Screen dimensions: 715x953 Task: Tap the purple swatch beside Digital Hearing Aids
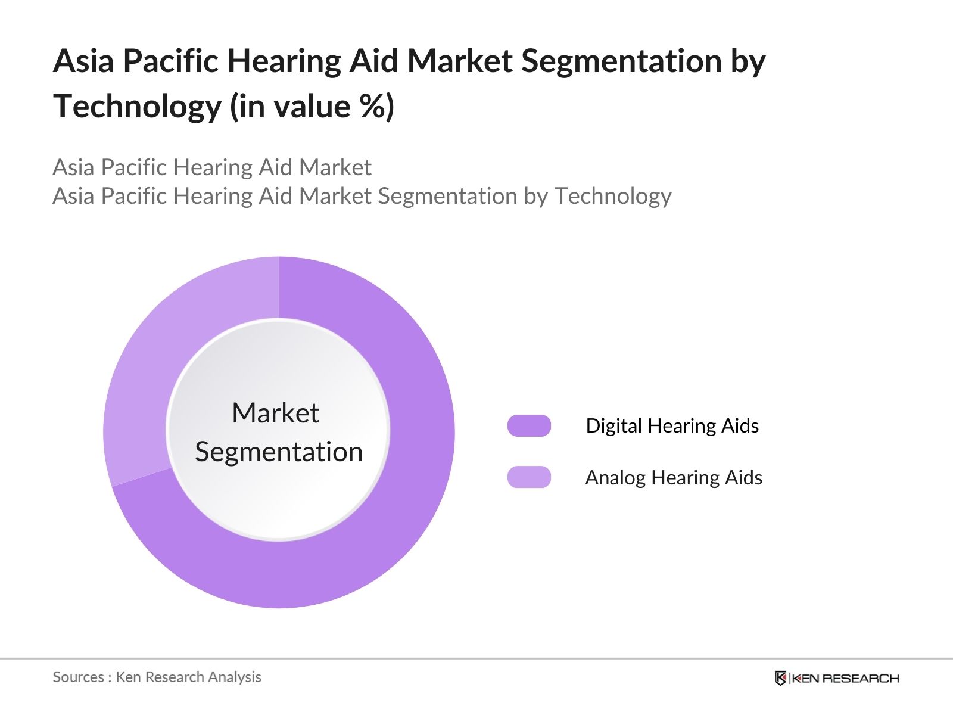pos(529,426)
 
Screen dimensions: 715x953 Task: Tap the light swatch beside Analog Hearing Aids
pos(529,477)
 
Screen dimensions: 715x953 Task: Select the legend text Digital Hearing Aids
pos(672,426)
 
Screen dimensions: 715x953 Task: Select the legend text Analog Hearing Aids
pos(673,477)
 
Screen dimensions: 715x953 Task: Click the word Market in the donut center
pos(275,413)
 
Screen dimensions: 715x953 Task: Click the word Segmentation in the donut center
pos(279,452)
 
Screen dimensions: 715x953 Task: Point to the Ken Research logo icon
pos(780,678)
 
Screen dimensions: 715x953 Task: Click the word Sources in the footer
pos(78,677)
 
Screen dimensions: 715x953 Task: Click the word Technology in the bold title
pos(137,107)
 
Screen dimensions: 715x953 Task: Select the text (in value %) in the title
pos(312,107)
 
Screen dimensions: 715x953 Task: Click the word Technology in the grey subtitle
pos(613,196)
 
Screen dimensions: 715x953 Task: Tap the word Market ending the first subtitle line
pos(335,167)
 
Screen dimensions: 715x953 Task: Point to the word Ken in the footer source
pos(128,677)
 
